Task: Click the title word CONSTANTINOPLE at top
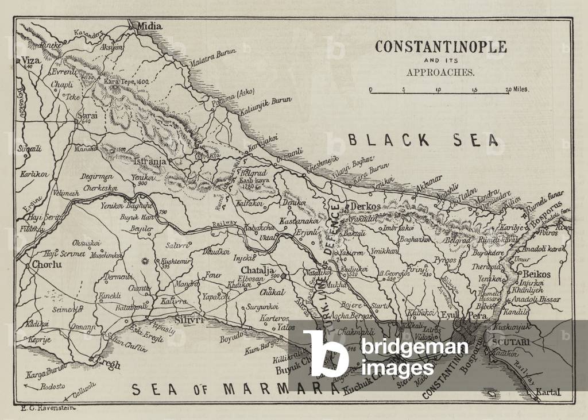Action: [x=440, y=47]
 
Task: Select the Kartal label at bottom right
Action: [x=547, y=393]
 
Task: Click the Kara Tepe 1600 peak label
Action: [x=126, y=82]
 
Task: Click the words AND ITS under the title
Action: [x=440, y=61]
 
